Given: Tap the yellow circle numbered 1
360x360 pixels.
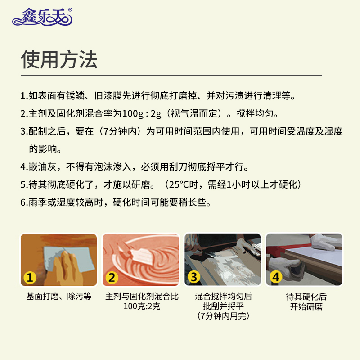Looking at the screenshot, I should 30,277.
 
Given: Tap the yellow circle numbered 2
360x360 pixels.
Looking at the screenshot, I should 112,277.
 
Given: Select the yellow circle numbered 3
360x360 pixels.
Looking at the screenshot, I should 194,277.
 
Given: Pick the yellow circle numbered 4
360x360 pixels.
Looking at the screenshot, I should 275,277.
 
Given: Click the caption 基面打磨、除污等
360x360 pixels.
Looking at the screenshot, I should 58,297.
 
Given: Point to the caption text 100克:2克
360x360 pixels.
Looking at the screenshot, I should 142,307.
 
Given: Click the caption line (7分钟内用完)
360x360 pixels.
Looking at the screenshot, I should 223,317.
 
